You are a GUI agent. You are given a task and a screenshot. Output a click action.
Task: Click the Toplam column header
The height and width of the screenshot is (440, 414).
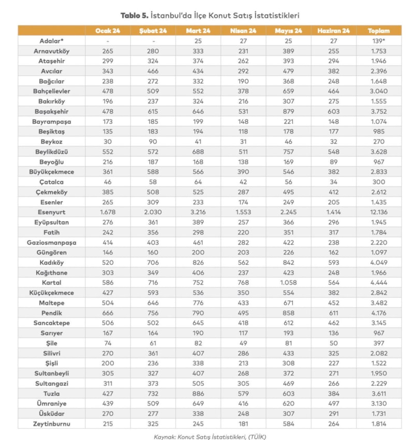379,31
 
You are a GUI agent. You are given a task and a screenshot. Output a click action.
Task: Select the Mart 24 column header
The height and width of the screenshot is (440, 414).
198,31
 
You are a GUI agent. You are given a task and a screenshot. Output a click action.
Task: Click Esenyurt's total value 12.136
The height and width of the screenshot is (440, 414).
379,212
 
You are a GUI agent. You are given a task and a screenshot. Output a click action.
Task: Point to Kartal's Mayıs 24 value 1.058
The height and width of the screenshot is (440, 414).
288,282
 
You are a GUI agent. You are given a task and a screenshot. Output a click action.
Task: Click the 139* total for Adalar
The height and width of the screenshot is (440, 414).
379,40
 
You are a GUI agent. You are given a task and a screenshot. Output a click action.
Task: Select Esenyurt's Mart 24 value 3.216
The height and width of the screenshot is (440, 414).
198,212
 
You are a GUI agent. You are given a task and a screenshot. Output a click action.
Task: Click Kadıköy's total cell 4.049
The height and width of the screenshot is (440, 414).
379,263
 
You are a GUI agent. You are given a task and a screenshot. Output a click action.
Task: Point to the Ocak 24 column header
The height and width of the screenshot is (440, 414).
108,31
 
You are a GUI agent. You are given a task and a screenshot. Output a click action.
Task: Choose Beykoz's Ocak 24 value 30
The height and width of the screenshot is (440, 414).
108,142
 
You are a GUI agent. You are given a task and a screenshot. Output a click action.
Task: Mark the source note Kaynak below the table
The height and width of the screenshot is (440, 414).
207,437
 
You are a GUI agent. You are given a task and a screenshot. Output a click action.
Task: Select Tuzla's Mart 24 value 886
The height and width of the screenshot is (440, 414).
198,393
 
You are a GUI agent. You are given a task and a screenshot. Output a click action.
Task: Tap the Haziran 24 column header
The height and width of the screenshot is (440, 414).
334,31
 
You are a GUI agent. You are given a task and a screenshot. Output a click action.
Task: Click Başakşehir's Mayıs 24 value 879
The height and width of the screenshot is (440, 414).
288,111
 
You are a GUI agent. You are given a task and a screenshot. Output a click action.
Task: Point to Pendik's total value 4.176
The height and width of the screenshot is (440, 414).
379,313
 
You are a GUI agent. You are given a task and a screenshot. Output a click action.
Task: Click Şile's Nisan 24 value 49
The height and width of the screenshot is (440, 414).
243,343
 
